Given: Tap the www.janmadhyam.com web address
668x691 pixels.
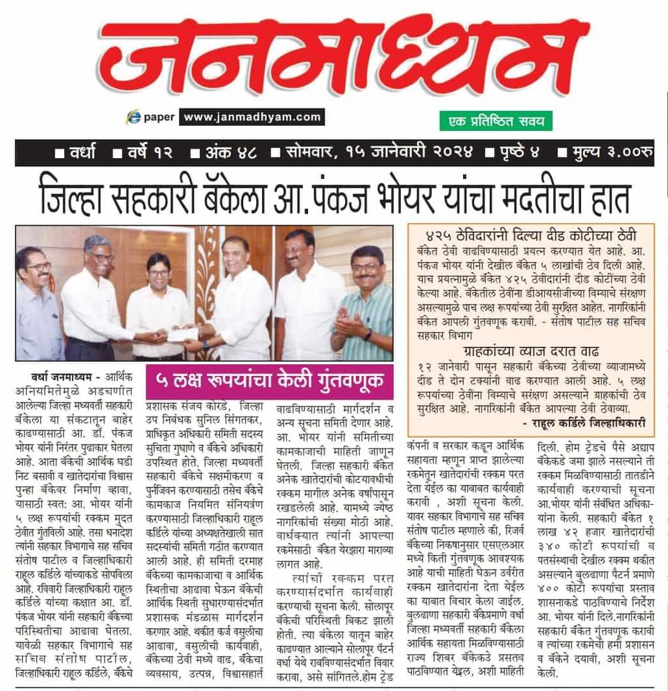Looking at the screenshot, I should (252, 117).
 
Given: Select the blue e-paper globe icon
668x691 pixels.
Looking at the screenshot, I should (135, 117).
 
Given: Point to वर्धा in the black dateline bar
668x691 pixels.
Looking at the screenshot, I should (76, 154).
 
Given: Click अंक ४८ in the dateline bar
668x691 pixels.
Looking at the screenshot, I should (224, 154).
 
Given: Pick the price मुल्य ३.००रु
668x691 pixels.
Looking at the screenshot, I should (609, 154).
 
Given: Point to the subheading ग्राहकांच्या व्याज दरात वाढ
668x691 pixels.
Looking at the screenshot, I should (531, 353).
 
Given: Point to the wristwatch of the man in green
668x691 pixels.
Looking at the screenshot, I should (368, 335).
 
